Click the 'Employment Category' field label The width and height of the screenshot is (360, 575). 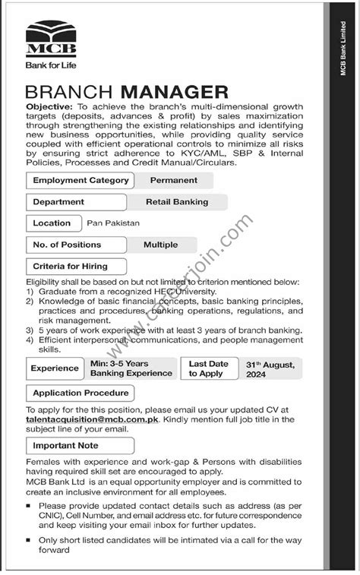point(78,181)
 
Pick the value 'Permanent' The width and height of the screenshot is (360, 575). point(173,181)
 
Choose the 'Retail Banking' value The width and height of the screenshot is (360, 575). point(176,202)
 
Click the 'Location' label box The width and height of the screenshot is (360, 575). point(52,223)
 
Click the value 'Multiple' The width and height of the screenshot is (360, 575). point(160,245)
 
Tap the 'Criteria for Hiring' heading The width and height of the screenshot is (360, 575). point(70,267)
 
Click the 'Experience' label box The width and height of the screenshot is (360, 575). point(55,368)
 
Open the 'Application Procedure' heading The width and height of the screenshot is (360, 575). point(80,393)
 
